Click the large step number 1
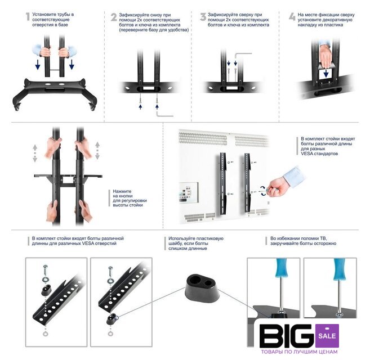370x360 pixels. click(x=28, y=16)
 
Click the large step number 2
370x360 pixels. click(x=114, y=17)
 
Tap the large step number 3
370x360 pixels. click(x=203, y=17)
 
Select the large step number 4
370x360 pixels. click(x=292, y=17)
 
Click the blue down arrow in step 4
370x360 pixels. click(x=326, y=73)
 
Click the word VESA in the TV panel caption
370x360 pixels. click(x=308, y=154)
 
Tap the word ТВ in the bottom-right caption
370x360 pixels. click(x=323, y=238)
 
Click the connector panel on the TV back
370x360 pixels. click(x=189, y=192)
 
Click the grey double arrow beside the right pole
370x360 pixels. click(x=97, y=151)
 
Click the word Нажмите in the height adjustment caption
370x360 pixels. click(x=122, y=191)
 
